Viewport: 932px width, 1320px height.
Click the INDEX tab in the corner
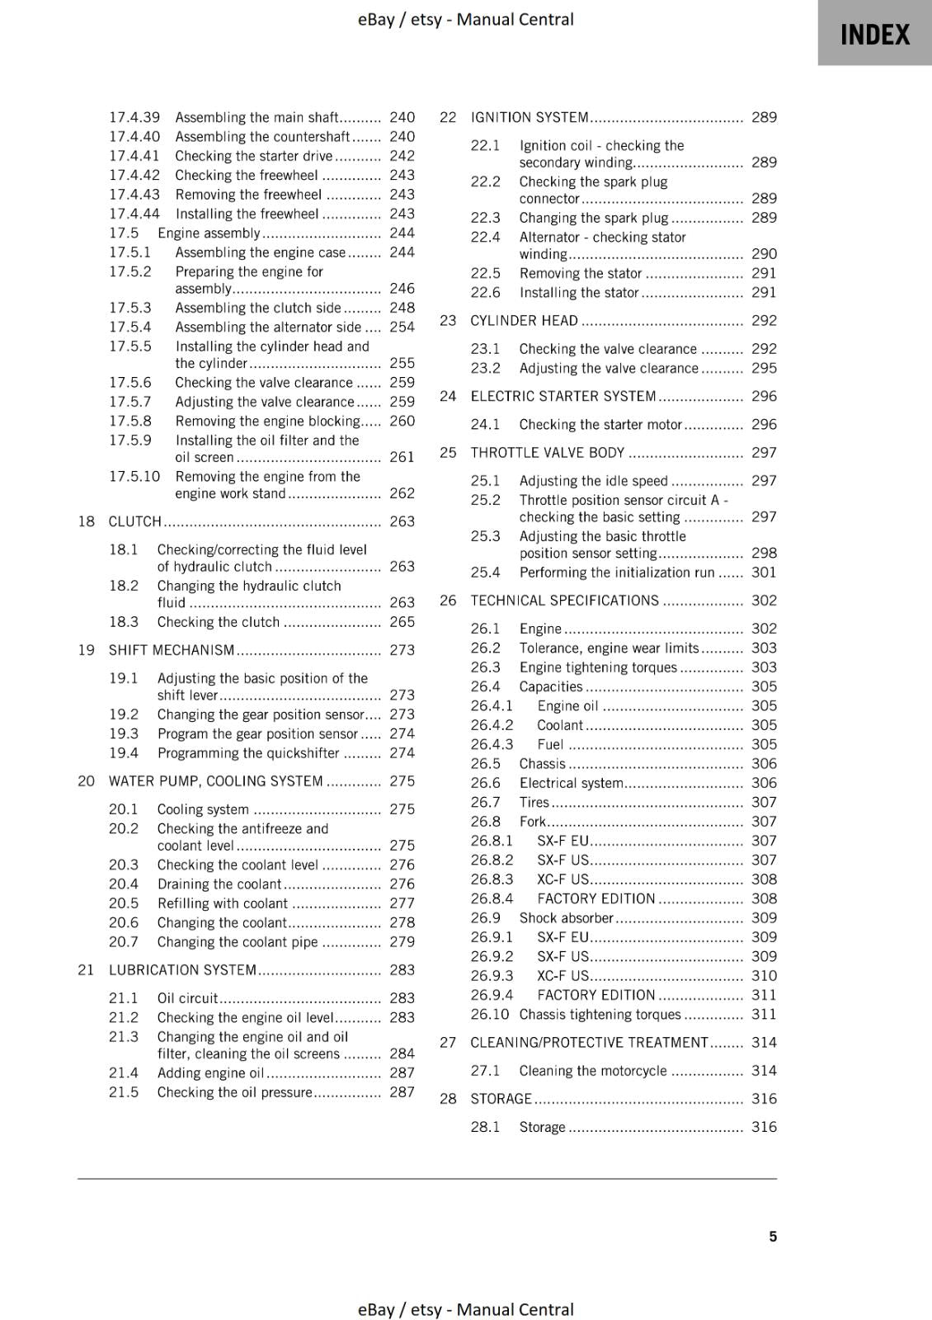coord(874,35)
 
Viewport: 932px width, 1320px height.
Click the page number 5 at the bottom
coord(772,1236)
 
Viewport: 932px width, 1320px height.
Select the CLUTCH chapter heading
coord(135,521)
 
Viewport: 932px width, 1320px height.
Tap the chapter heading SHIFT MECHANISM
coord(172,650)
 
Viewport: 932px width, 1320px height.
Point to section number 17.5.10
coord(134,477)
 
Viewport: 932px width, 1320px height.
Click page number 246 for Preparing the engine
coord(402,289)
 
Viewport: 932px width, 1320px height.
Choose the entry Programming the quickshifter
coord(248,753)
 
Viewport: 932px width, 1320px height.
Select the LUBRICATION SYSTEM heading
coord(182,970)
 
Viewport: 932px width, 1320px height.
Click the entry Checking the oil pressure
coord(235,1092)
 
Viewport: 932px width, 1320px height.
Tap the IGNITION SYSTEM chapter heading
coord(530,118)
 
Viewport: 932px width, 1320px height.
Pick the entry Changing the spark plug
coord(594,219)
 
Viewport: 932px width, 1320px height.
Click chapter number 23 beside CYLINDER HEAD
coord(448,321)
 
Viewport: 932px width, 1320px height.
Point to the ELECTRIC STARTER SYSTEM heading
coord(563,397)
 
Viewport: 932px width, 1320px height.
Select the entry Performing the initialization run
coord(616,573)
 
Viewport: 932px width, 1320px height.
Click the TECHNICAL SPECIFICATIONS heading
coord(565,601)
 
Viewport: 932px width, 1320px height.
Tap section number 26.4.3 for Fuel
coord(492,744)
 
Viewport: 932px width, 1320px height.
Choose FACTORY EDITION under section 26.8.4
coord(595,898)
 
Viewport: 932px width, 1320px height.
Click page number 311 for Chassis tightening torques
coord(764,1015)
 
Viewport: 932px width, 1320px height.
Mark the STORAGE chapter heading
coord(501,1099)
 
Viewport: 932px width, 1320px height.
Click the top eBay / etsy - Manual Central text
coord(465,19)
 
